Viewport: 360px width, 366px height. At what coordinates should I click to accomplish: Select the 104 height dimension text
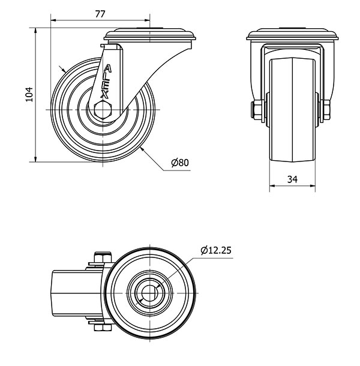pos(28,94)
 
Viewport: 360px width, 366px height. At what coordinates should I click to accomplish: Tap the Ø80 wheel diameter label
pos(179,163)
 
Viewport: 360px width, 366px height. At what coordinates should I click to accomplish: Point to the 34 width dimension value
pos(292,178)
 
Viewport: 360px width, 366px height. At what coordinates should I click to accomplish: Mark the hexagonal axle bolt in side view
pos(103,109)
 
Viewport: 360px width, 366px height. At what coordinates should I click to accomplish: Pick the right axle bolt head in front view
pos(326,110)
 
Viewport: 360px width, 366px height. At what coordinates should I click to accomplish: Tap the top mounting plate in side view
pos(149,35)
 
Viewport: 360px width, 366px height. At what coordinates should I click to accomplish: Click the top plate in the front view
pos(292,35)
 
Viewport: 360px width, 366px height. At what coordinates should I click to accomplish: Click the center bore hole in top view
pos(147,292)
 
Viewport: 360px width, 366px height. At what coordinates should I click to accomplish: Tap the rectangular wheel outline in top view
pos(69,293)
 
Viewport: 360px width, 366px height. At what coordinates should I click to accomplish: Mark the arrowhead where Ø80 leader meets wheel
pos(143,149)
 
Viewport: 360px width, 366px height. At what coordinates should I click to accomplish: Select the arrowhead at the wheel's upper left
pos(64,71)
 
